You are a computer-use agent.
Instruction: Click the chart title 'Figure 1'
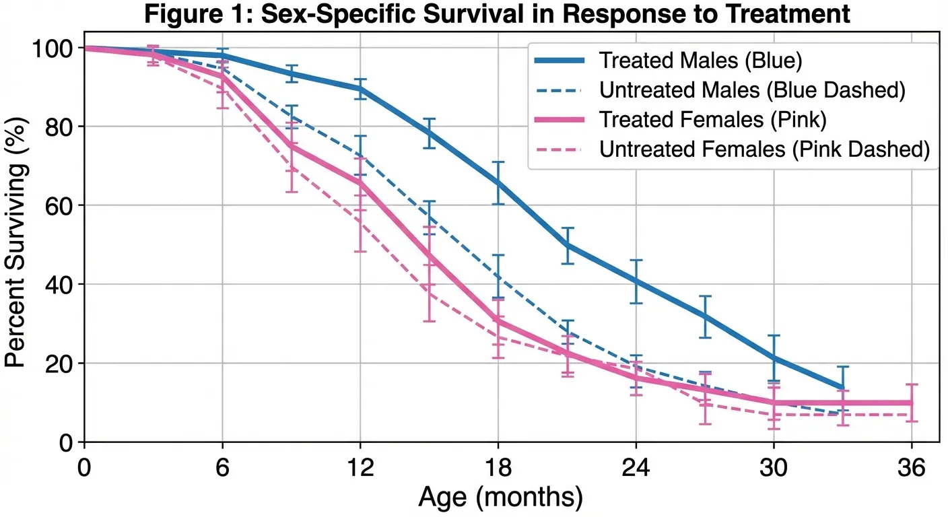498,15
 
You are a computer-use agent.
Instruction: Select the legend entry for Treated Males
700,61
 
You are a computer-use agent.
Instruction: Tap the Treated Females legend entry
712,119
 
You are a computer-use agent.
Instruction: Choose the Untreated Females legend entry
764,149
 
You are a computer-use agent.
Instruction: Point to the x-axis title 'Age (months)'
500,497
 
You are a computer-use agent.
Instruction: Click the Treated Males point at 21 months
567,245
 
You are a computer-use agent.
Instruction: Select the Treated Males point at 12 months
360,89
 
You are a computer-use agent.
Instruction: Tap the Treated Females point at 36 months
912,403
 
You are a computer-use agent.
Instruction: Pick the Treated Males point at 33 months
842,388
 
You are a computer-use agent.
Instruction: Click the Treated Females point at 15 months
429,256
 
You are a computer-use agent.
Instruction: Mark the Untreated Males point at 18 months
498,276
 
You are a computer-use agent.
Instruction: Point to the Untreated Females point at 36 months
912,415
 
